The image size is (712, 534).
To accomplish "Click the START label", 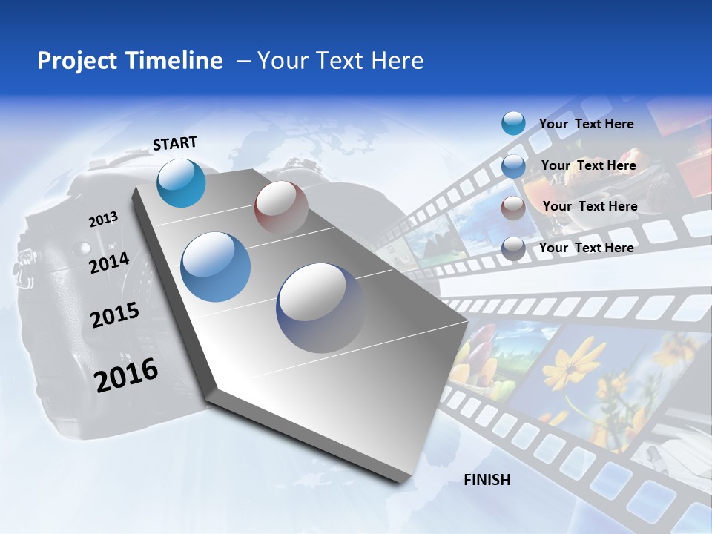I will click(x=175, y=143).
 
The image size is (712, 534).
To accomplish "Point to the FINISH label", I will click(x=487, y=480).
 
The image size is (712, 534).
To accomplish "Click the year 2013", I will click(x=103, y=220).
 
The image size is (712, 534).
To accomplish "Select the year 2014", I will click(x=109, y=263).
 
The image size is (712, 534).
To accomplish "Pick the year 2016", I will click(x=126, y=375).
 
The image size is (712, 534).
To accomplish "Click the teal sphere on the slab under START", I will click(x=181, y=182).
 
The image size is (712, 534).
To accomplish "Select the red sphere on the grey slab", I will click(x=281, y=208).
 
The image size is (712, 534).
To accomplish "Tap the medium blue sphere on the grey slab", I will click(x=216, y=267).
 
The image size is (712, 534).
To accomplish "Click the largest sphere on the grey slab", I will click(x=320, y=307).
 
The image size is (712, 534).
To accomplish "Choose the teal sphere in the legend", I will click(x=513, y=123).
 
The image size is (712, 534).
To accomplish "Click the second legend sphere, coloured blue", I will click(x=513, y=166).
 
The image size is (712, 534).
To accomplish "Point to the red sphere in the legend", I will click(x=513, y=208).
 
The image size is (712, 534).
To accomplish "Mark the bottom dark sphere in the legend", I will click(x=513, y=248).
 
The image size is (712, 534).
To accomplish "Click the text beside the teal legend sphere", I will click(x=586, y=124).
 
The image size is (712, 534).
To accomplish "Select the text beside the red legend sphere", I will click(x=590, y=206).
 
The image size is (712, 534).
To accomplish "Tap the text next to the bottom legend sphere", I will click(x=586, y=248).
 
